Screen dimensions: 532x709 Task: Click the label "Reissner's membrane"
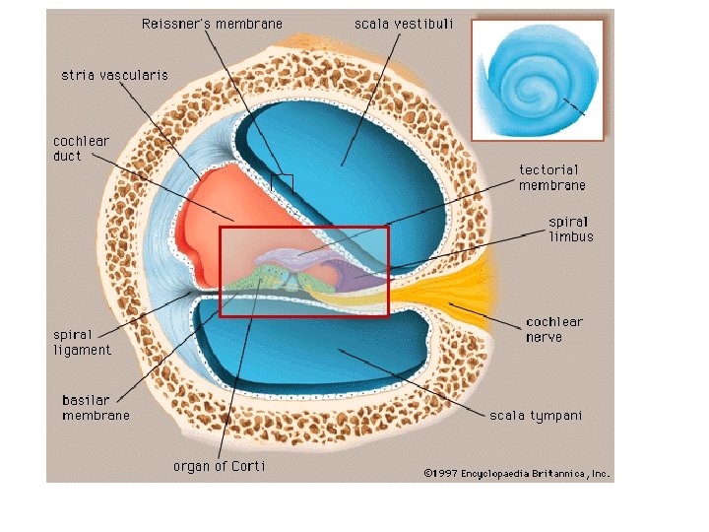[212, 24]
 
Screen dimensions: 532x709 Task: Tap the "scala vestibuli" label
[403, 24]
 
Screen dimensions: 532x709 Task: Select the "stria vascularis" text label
[114, 75]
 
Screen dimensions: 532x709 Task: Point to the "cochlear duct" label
[81, 148]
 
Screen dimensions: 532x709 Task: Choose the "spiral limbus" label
[571, 230]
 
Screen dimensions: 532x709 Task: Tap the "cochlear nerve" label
[554, 329]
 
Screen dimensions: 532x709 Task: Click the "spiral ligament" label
[82, 342]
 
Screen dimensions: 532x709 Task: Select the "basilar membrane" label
[96, 408]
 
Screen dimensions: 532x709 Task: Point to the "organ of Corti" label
[219, 466]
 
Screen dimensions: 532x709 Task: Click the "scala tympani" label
[536, 415]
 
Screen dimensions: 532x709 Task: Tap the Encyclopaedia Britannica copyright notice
[517, 473]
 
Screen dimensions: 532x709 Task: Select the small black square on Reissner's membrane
[282, 182]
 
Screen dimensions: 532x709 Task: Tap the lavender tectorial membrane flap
[295, 255]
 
